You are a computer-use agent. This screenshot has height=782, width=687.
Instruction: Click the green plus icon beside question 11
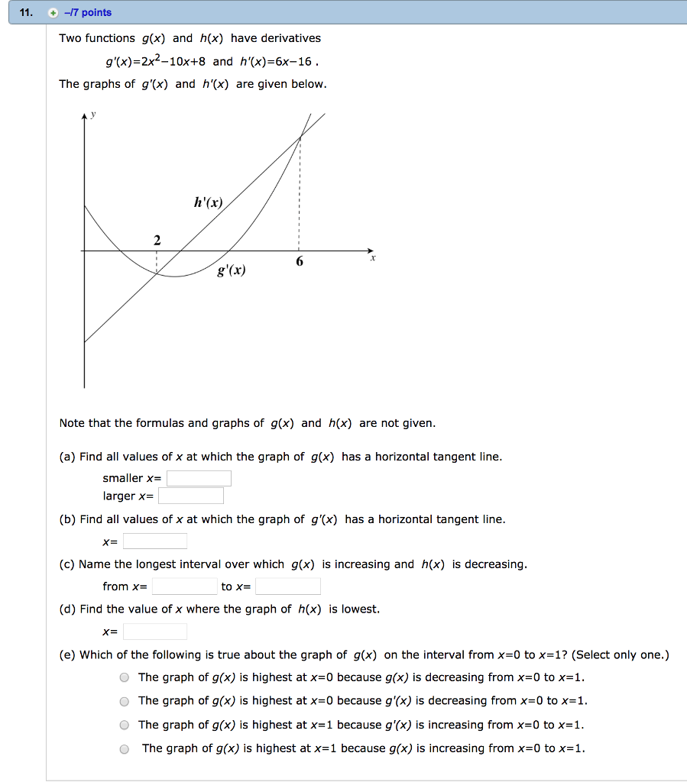tap(53, 12)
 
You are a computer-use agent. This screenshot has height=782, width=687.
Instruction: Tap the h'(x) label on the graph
tap(208, 203)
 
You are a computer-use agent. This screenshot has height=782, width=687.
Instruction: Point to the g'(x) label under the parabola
tap(232, 270)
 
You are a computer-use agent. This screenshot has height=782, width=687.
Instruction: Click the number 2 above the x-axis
tap(157, 240)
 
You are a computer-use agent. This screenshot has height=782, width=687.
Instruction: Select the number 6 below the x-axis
tap(300, 262)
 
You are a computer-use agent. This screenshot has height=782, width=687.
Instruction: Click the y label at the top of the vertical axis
tap(94, 115)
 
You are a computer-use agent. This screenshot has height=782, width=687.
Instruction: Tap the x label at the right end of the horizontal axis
tap(373, 259)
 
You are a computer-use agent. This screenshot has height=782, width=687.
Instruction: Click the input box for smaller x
tap(199, 479)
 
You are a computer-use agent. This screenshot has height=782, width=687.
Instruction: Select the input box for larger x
tap(191, 496)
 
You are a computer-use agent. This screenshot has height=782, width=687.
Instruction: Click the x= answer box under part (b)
tap(155, 541)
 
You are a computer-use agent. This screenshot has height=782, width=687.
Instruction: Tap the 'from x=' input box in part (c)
tap(184, 586)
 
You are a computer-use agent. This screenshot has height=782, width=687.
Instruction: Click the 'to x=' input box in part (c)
tap(288, 586)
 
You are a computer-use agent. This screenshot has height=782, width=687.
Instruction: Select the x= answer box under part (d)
tap(155, 632)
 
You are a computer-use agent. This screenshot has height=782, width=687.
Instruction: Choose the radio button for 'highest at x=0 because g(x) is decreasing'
tap(124, 677)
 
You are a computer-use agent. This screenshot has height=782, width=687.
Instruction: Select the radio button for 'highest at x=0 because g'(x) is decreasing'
tap(124, 701)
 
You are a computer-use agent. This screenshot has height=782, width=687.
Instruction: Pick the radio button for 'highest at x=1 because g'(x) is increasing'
tap(124, 725)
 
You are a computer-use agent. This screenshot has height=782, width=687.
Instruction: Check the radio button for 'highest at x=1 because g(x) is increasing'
tap(124, 749)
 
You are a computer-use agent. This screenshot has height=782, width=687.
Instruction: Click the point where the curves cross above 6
tap(300, 137)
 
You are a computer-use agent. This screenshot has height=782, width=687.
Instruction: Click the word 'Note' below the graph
tap(72, 423)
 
